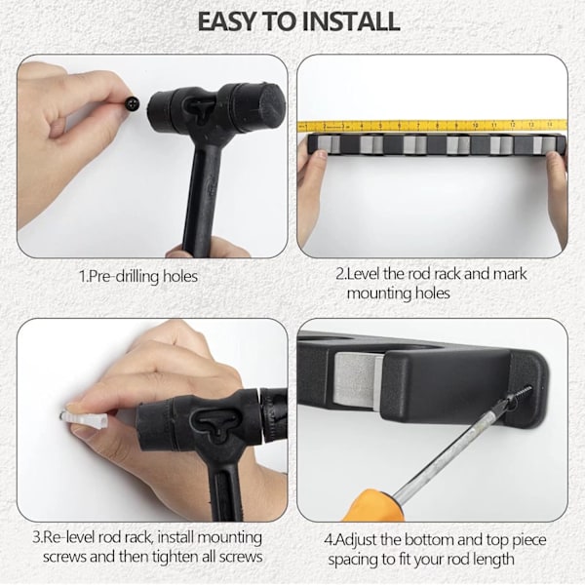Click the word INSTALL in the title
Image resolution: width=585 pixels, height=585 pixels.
click(350, 21)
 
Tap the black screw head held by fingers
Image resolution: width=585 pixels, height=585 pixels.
click(133, 102)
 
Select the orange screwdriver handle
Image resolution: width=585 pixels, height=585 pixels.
click(373, 505)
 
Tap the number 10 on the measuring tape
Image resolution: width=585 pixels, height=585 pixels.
click(475, 126)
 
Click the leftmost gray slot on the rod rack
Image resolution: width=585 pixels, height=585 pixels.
click(326, 144)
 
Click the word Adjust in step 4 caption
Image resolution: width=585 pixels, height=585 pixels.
click(356, 540)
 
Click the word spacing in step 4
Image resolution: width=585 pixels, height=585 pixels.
click(355, 561)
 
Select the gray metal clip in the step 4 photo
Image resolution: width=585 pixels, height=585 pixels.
click(358, 380)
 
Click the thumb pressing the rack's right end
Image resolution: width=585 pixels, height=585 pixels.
click(555, 163)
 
